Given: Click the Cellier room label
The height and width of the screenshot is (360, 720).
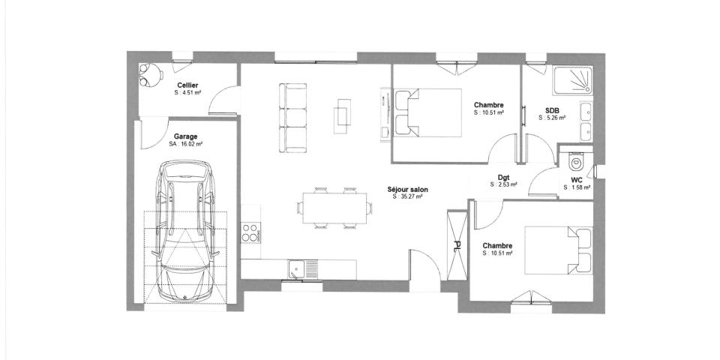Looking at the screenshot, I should tap(187, 86).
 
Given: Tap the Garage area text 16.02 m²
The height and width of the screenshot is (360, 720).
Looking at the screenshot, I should tap(186, 144).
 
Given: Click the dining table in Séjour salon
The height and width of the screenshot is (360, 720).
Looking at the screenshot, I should tap(336, 206).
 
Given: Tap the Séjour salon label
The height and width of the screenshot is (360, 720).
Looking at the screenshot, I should tap(407, 190).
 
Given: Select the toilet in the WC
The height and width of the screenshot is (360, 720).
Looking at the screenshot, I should tap(575, 162).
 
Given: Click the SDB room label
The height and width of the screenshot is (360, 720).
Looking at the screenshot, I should tap(551, 110).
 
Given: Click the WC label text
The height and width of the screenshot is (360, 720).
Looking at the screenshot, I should tap(576, 180).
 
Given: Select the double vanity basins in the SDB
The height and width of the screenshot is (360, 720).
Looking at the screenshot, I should tap(586, 121).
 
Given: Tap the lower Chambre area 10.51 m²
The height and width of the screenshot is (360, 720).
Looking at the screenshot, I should tap(497, 253).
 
